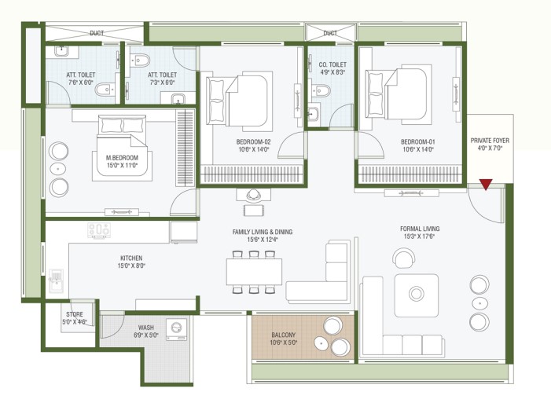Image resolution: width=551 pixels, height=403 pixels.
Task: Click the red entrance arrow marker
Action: tap(486, 184)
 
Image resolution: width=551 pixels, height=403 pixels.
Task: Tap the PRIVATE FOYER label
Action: tap(490, 141)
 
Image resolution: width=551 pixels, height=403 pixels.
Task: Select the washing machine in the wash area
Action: tap(176, 329)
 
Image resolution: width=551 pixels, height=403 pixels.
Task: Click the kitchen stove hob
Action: tap(99, 230)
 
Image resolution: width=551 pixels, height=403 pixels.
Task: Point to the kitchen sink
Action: tap(57, 280)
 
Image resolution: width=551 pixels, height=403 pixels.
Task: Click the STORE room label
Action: tap(75, 314)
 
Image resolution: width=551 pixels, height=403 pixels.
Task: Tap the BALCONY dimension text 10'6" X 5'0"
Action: tap(284, 343)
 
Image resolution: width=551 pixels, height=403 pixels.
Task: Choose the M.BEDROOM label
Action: tap(122, 158)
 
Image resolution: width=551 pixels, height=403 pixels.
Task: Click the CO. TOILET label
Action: tap(332, 64)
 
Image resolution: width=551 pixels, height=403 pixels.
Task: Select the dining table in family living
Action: tap(254, 272)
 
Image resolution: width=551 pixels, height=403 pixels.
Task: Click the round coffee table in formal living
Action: tap(417, 293)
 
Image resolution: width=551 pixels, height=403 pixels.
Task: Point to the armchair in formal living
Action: tap(404, 258)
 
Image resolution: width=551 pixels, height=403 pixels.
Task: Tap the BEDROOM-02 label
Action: tap(253, 142)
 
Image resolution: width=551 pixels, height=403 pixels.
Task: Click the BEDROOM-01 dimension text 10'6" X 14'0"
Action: tap(418, 149)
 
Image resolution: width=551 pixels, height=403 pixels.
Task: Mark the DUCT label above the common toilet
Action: tap(330, 33)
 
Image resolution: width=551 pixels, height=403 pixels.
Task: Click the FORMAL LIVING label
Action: tap(420, 229)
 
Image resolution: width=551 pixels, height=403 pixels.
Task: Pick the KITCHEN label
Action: tap(131, 258)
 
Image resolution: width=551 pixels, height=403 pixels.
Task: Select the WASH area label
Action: tap(146, 328)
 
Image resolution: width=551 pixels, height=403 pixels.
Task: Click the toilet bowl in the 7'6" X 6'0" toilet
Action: tap(105, 90)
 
